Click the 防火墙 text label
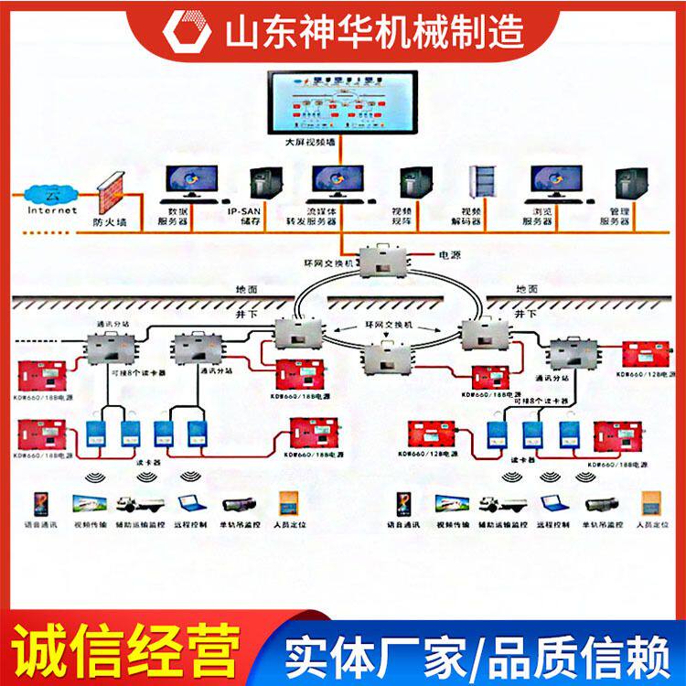(109, 220)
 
